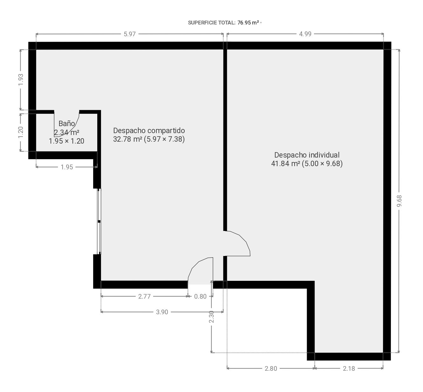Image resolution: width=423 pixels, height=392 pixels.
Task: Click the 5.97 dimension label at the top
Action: point(129,34)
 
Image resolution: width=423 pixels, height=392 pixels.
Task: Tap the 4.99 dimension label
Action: point(305,34)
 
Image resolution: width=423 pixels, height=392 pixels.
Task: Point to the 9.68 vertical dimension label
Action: point(399,201)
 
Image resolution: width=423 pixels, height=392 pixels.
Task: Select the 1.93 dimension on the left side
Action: point(21,80)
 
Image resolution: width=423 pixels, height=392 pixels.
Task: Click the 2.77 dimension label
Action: point(144,296)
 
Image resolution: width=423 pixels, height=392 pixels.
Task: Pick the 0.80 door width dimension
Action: point(200,296)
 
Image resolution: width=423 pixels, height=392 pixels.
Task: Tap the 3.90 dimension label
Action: point(162,312)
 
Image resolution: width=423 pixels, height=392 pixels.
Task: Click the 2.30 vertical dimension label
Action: point(211,317)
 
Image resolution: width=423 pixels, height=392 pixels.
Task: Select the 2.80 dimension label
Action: point(271,368)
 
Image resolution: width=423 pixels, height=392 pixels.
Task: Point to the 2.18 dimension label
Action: point(349,368)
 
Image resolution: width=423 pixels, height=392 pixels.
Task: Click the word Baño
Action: point(67,124)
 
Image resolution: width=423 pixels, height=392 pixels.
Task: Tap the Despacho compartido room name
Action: point(149,131)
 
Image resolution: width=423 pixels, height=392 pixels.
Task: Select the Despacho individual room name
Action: point(307,155)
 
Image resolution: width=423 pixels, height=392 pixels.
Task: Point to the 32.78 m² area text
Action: point(127,139)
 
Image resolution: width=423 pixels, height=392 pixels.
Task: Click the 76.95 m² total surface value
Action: point(248,23)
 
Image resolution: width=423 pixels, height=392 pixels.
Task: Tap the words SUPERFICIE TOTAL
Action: point(212,23)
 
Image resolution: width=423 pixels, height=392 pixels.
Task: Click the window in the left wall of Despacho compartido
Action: point(99,221)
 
